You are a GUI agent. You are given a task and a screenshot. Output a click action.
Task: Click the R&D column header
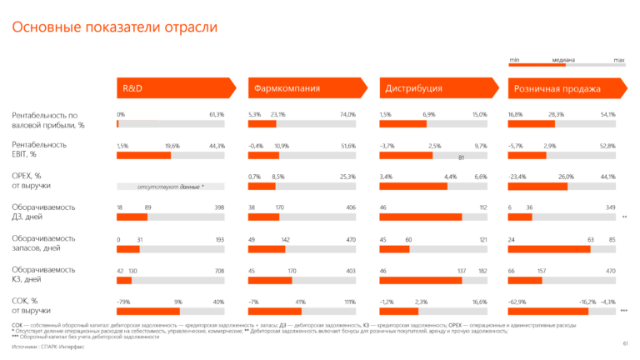[x=133, y=87]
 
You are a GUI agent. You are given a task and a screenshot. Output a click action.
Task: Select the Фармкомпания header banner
[x=287, y=87]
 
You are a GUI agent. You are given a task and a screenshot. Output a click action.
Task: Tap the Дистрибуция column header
[x=414, y=87]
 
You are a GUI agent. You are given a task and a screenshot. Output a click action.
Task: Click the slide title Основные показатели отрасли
[x=114, y=27]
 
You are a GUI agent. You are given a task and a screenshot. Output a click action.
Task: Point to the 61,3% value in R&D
[x=217, y=114]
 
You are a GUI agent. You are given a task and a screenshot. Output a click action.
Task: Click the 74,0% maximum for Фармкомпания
[x=347, y=114]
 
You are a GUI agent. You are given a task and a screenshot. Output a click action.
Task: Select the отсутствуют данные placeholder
[x=170, y=187]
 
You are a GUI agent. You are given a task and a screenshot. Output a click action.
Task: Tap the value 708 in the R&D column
[x=219, y=271]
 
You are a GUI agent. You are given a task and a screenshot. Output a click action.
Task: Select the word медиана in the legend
[x=563, y=60]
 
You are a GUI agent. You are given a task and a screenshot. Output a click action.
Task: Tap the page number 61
[x=625, y=342]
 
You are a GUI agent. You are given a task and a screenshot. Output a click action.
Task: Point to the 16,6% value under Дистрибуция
[x=479, y=302]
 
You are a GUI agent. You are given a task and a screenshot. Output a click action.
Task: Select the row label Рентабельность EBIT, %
[x=39, y=149]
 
